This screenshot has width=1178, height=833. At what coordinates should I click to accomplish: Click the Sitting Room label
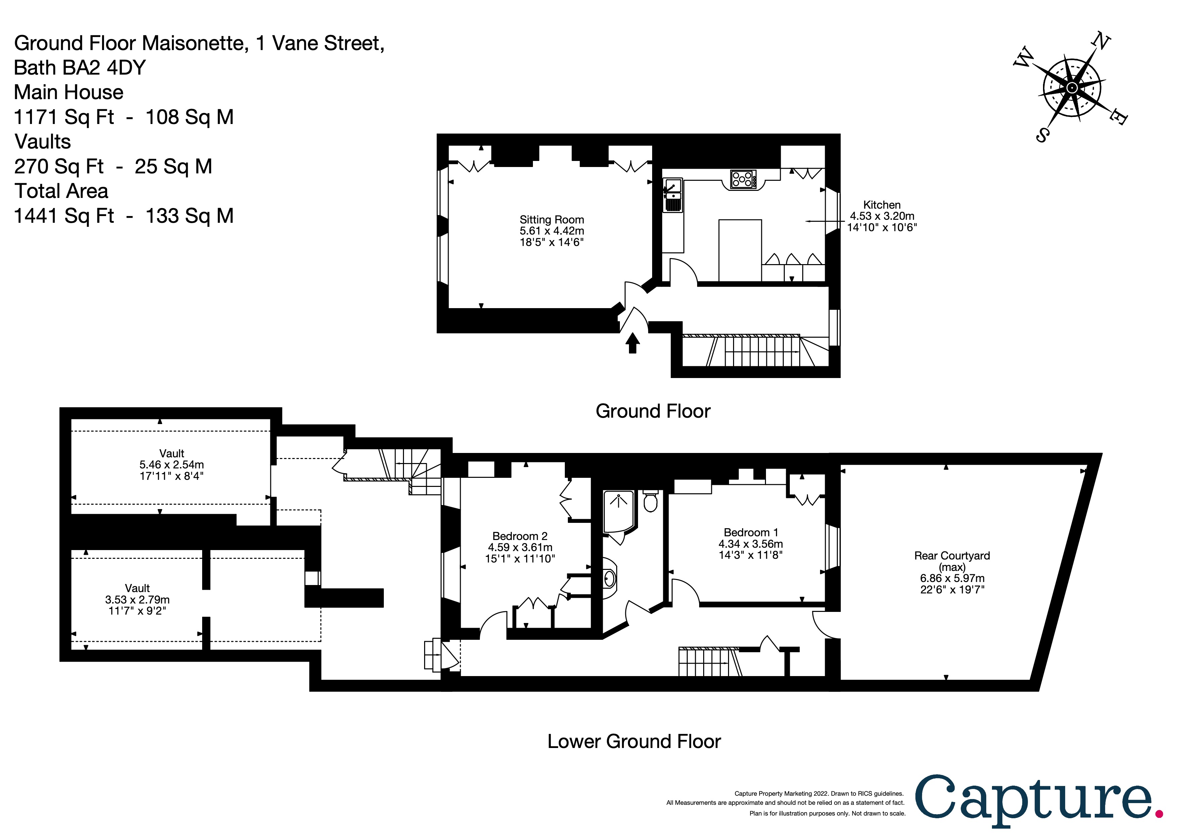pyautogui.click(x=551, y=220)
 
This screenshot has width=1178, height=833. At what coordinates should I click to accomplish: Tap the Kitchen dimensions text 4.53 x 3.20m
pyautogui.click(x=881, y=216)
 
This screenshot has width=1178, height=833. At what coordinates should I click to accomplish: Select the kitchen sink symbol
pyautogui.click(x=673, y=196)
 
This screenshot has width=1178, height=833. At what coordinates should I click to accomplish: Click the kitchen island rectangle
pyautogui.click(x=740, y=250)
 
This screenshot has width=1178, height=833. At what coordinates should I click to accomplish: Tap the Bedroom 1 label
pyautogui.click(x=750, y=532)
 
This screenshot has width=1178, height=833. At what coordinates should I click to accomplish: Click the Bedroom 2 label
pyautogui.click(x=520, y=536)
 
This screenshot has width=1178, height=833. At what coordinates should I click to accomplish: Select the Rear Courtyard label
pyautogui.click(x=952, y=555)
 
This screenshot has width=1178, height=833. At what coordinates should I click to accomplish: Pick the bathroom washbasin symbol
pyautogui.click(x=609, y=579)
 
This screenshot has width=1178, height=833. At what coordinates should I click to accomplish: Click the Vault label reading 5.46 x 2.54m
pyautogui.click(x=171, y=464)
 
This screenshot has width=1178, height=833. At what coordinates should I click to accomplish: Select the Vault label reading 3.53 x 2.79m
pyautogui.click(x=137, y=599)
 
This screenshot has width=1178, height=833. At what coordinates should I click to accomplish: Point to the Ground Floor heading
pyautogui.click(x=652, y=411)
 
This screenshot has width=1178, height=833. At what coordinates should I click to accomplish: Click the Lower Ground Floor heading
pyautogui.click(x=634, y=741)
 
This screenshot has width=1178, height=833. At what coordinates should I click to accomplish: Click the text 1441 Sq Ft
pyautogui.click(x=64, y=216)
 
